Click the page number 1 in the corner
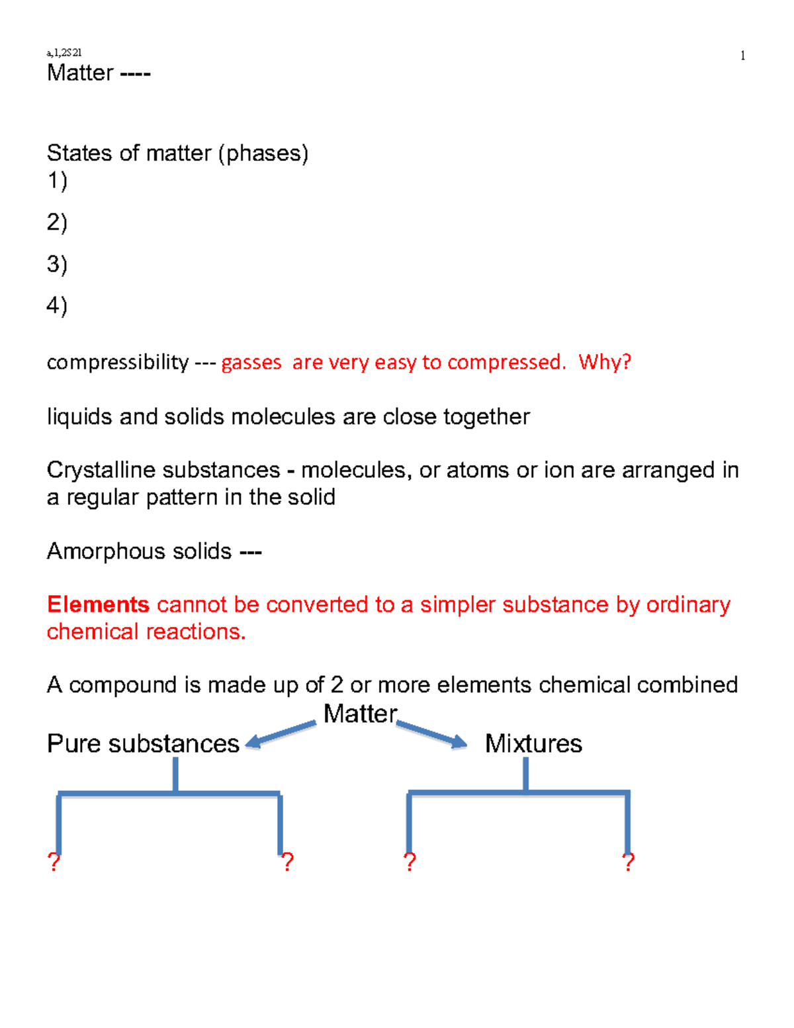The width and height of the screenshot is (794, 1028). (x=742, y=56)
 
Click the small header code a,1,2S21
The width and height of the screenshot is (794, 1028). (x=64, y=52)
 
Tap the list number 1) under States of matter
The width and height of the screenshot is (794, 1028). (x=57, y=181)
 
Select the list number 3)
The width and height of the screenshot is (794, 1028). (x=57, y=264)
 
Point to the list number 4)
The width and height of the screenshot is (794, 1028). (x=57, y=305)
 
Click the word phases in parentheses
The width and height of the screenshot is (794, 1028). (x=264, y=154)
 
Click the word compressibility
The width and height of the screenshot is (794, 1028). (x=118, y=362)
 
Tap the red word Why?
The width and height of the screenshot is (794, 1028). (x=605, y=362)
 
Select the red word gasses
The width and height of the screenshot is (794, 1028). (x=251, y=363)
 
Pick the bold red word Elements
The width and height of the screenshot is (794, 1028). (x=98, y=604)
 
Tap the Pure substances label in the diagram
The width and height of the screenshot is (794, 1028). (x=143, y=743)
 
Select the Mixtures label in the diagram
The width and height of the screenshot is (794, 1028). (x=533, y=743)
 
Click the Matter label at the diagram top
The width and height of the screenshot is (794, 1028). (x=360, y=714)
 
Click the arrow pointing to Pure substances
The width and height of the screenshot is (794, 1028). (x=281, y=734)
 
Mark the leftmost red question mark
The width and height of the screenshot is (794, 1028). (x=54, y=862)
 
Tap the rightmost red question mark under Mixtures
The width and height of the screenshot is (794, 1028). (x=629, y=862)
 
